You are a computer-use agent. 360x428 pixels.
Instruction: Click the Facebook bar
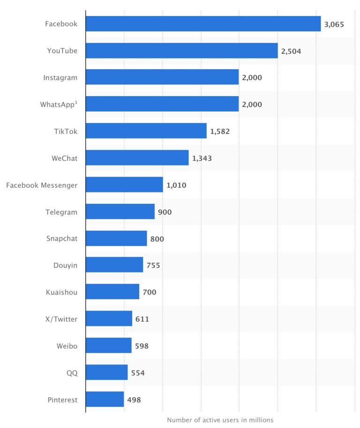pos(203,23)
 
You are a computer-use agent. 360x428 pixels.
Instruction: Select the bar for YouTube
pos(181,51)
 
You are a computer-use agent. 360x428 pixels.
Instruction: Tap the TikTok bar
pos(146,131)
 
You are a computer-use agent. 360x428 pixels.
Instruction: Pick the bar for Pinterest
pos(105,399)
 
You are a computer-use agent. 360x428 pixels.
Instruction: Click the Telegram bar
pos(120,212)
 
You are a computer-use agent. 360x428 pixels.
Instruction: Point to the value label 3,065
pos(334,24)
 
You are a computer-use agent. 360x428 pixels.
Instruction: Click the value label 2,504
pos(291,51)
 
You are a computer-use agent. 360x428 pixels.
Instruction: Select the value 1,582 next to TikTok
pos(220,132)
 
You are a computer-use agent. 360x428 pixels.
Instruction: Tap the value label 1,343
pos(202,159)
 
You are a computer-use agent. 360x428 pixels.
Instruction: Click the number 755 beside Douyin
pos(153,266)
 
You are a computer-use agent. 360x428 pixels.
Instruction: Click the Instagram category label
pos(60,78)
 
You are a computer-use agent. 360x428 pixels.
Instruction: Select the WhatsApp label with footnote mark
pos(59,104)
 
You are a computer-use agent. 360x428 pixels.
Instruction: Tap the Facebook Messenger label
pos(42,185)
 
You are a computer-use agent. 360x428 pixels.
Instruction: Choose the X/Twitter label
pos(59,319)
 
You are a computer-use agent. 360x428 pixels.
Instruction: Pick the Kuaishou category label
pos(61,292)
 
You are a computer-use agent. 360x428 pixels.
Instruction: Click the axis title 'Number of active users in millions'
pos(220,420)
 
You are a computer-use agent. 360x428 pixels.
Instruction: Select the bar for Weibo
pos(108,346)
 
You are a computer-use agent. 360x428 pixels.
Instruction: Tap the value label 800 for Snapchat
pos(157,239)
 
